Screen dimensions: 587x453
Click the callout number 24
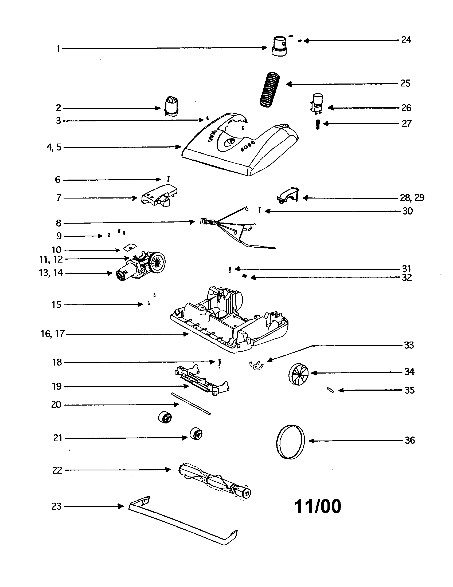pyautogui.click(x=406, y=40)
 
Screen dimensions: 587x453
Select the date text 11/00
pyautogui.click(x=317, y=506)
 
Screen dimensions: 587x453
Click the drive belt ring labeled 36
pyautogui.click(x=291, y=442)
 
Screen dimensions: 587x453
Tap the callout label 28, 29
pyautogui.click(x=412, y=198)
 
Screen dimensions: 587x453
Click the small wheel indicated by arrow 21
pyautogui.click(x=196, y=434)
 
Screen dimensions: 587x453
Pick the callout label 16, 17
pyautogui.click(x=52, y=334)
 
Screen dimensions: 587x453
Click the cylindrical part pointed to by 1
pyautogui.click(x=280, y=46)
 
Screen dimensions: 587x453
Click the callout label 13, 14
pyautogui.click(x=51, y=273)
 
